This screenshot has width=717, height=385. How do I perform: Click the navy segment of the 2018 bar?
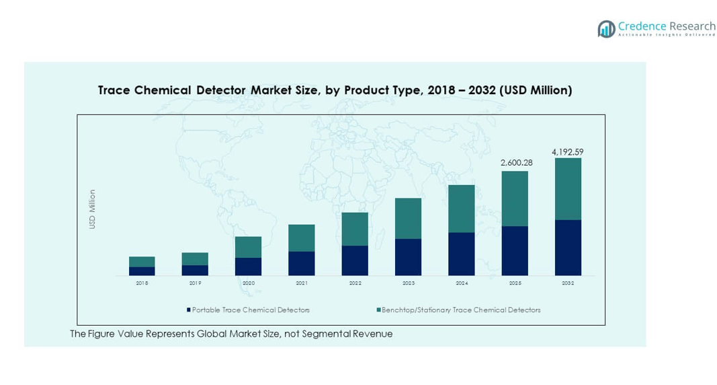click(142, 271)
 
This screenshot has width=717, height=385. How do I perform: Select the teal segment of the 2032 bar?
click(568, 188)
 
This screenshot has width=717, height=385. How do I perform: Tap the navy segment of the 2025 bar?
click(515, 250)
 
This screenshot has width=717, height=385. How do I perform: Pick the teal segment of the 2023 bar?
click(408, 218)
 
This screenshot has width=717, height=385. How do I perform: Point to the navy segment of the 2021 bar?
click(302, 263)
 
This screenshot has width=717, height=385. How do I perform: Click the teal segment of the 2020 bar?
click(248, 247)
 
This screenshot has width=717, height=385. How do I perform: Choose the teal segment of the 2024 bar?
click(462, 209)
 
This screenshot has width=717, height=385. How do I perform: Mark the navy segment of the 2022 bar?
click(355, 260)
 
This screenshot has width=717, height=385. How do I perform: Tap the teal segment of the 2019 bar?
click(195, 258)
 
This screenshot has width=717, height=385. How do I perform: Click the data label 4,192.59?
click(568, 152)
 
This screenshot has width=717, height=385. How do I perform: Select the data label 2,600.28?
click(515, 163)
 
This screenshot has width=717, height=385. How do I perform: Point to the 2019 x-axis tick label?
click(195, 283)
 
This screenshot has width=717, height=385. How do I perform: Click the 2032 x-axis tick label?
click(568, 283)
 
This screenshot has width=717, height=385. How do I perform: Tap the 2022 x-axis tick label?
click(355, 283)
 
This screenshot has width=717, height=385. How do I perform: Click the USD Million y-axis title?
click(93, 209)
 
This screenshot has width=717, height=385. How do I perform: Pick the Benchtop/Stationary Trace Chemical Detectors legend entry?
click(460, 310)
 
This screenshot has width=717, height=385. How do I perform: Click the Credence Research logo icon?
click(607, 29)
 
